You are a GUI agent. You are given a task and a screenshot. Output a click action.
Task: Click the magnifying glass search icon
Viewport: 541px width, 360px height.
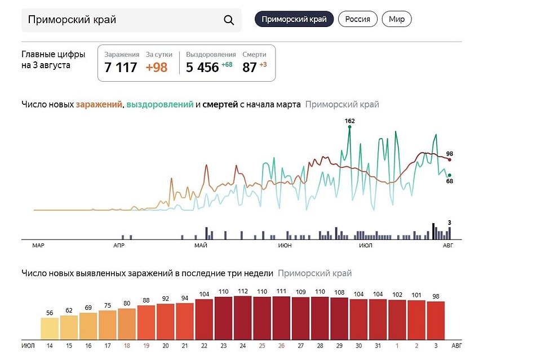[229, 20]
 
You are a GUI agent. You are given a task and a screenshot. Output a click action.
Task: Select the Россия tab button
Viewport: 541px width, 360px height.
[358, 19]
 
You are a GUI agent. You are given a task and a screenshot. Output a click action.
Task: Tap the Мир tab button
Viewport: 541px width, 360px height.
[397, 19]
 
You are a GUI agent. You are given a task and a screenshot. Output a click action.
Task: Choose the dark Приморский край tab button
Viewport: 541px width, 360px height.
[294, 19]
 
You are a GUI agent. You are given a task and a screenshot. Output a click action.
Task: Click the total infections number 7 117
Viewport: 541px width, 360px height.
[121, 68]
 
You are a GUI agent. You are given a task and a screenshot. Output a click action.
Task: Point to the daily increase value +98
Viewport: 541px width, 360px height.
[157, 68]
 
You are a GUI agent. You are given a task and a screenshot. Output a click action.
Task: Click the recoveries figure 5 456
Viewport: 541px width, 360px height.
[202, 68]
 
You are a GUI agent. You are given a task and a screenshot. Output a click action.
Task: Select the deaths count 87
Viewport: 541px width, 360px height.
[250, 68]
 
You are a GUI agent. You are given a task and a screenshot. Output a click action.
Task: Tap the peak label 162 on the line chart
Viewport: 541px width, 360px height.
[349, 121]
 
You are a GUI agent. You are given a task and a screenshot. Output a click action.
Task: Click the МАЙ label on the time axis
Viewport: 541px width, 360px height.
[201, 246]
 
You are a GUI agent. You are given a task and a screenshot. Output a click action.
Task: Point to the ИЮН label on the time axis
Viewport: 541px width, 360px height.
[285, 246]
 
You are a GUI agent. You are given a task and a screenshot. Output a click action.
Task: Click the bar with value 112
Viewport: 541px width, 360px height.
[243, 318]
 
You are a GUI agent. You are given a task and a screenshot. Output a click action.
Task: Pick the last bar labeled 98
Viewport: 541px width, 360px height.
[436, 320]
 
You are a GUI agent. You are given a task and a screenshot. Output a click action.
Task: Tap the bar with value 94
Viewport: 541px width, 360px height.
[185, 321]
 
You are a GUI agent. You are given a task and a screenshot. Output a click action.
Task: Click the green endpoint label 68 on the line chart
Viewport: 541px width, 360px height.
[450, 181]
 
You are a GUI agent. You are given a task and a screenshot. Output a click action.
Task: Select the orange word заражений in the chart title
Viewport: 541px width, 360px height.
[99, 104]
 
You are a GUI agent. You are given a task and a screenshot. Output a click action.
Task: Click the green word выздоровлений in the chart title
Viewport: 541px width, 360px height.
[159, 104]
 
